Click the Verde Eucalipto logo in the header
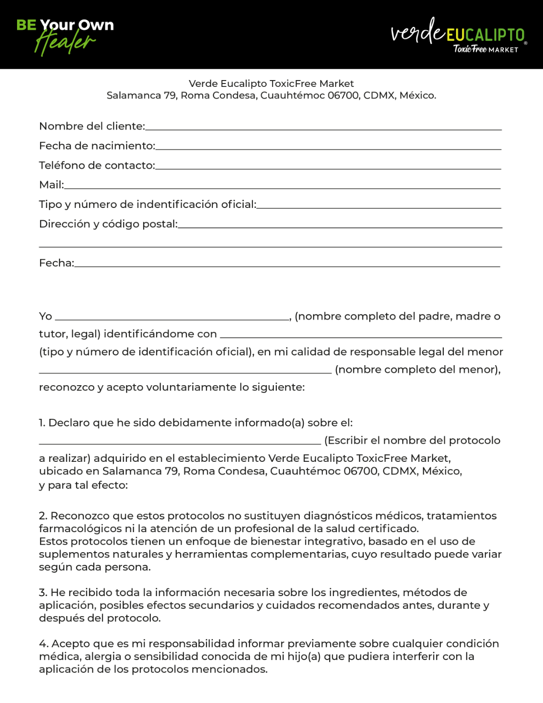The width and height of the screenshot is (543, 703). click(x=458, y=36)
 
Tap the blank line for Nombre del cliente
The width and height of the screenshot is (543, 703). click(x=323, y=128)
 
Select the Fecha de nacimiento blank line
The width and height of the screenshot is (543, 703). click(x=328, y=147)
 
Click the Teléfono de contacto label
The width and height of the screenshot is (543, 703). click(x=97, y=165)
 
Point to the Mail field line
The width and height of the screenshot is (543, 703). click(x=282, y=186)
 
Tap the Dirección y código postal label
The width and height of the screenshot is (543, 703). click(x=108, y=224)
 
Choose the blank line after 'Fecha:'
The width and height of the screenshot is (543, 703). click(x=287, y=265)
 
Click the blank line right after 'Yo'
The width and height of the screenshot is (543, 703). click(x=172, y=318)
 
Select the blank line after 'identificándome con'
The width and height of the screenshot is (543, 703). click(x=361, y=336)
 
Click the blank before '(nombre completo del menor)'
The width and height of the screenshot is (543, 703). click(x=185, y=372)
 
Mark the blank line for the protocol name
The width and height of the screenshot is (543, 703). click(x=180, y=442)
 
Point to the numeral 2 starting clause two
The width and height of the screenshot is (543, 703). click(x=42, y=516)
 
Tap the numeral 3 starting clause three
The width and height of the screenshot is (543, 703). click(x=42, y=593)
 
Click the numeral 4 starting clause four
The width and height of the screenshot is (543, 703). click(x=42, y=644)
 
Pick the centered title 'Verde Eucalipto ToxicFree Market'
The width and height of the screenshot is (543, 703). click(x=271, y=83)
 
